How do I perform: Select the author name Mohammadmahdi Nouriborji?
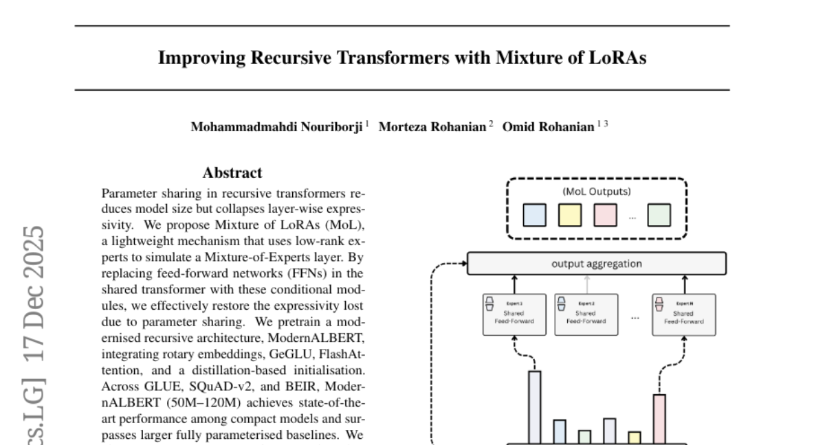pos(276,127)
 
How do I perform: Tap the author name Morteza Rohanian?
pos(432,127)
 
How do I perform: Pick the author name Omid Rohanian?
pos(548,127)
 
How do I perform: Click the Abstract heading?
pos(232,173)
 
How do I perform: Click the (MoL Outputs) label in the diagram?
pos(597,192)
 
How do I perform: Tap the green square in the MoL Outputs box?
pos(659,215)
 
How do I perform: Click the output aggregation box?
pos(597,264)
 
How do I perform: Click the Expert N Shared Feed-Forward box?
pos(683,315)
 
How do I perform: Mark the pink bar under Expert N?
pos(659,419)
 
